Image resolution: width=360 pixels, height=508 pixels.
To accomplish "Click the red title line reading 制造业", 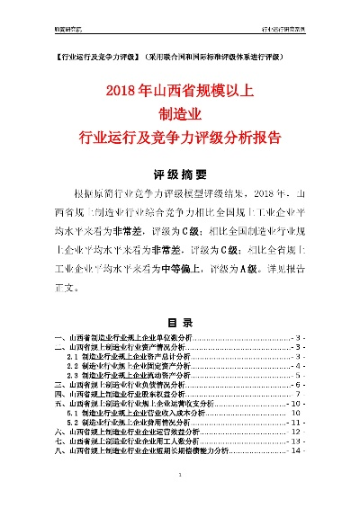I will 181,114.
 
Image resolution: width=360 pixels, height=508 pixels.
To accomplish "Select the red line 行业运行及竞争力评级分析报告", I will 181,138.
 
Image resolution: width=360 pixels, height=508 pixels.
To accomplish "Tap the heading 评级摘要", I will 180,174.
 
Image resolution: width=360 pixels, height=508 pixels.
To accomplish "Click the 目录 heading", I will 180,322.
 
